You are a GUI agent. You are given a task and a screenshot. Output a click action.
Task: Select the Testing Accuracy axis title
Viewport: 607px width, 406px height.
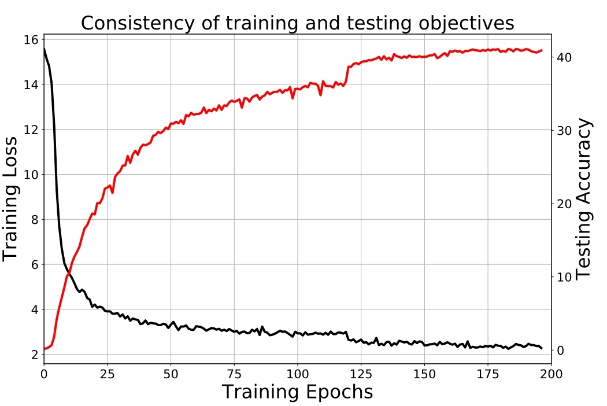coord(585,198)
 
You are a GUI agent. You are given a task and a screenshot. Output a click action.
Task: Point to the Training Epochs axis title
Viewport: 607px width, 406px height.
coord(297,392)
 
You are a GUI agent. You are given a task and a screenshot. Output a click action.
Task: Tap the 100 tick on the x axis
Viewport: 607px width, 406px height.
coord(297,374)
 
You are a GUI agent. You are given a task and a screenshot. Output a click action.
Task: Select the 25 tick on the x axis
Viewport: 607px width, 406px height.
coord(107,374)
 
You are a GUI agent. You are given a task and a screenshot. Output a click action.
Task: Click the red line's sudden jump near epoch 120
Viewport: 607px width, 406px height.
coord(347,75)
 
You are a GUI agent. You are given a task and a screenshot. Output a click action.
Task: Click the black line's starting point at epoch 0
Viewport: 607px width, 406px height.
coord(44,49)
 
